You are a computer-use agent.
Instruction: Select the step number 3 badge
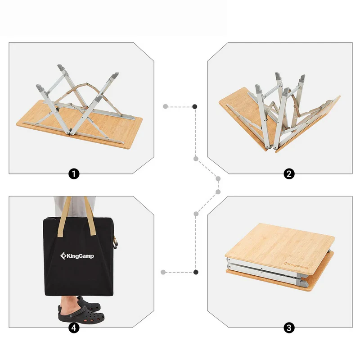pos(289,328)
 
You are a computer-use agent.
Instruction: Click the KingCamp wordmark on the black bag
pos(81,256)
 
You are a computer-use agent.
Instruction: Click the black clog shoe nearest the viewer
pos(81,314)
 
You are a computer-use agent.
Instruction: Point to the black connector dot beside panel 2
pos(195,107)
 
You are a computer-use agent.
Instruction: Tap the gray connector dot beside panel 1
pos(166,107)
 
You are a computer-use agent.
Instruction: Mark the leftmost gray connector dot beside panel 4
pos(163,272)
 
